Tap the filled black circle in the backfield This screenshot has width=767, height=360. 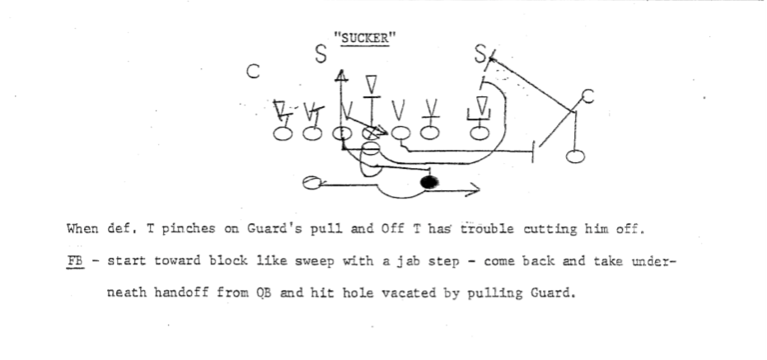point(429,182)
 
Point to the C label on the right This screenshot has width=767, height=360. point(587,96)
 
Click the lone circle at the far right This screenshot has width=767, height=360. point(577,156)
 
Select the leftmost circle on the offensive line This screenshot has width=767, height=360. point(283,133)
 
